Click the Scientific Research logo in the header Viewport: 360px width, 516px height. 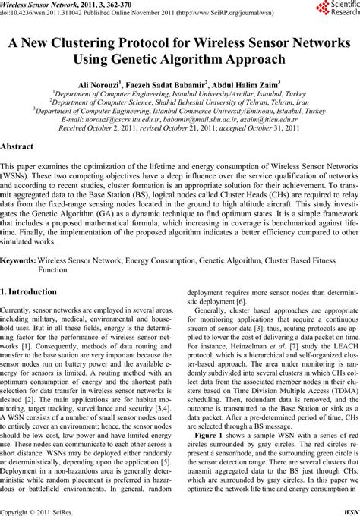click(330, 10)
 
